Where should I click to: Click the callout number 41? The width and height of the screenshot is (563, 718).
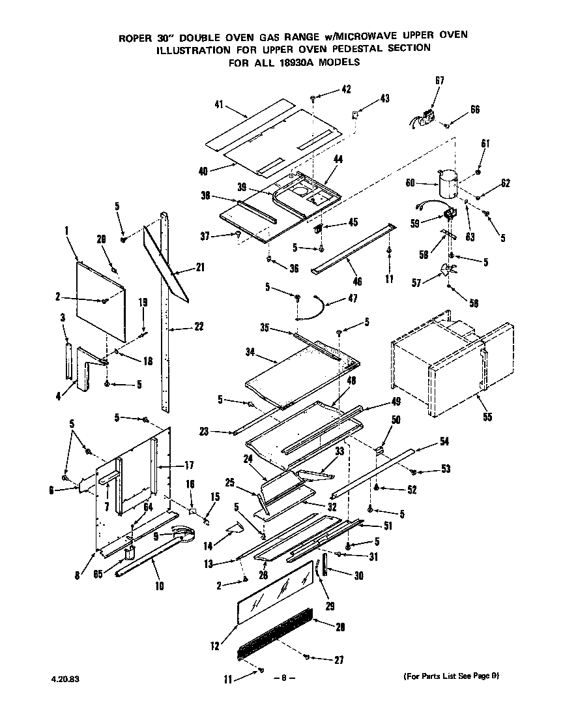(x=218, y=104)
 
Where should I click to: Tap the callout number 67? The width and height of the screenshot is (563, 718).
(x=439, y=80)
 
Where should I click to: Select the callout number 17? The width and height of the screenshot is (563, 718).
(x=189, y=465)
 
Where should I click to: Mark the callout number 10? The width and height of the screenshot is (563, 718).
(x=159, y=586)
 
